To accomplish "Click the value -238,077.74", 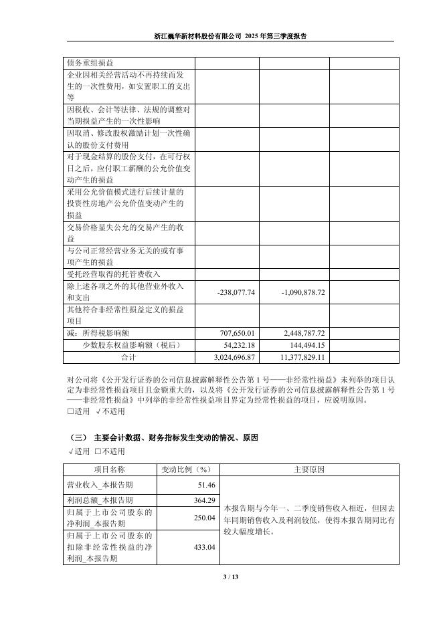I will [237, 293].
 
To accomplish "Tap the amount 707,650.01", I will [238, 332].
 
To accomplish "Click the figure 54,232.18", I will [239, 345].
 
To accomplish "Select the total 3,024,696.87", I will [234, 357].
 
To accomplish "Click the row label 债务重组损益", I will [91, 63].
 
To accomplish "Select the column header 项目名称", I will [109, 469].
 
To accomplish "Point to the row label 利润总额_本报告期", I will [100, 500].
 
